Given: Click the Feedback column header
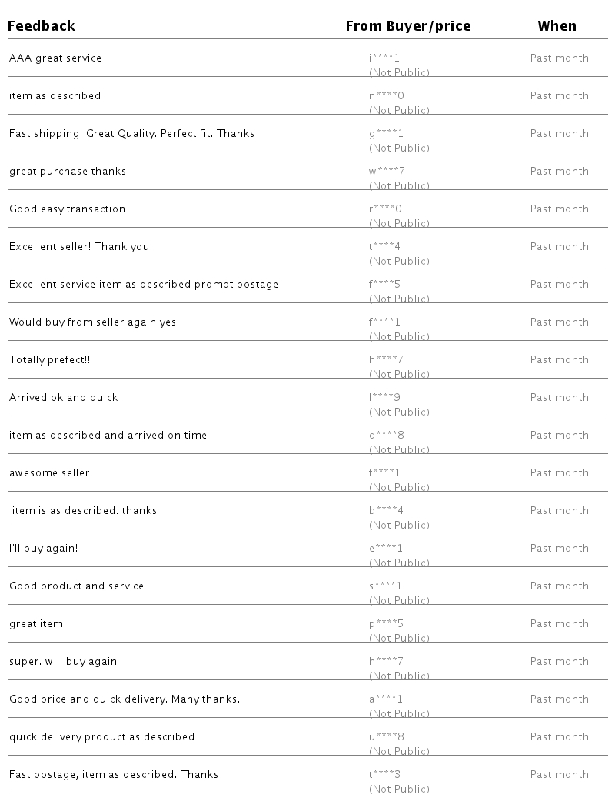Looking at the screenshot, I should [x=42, y=26].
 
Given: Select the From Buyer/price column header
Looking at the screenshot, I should [x=408, y=26].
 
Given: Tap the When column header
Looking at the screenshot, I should [x=557, y=26].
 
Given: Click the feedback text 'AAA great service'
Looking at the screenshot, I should [x=55, y=58].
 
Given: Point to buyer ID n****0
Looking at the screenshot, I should [x=387, y=96].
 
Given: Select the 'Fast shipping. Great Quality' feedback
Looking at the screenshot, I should [x=131, y=134].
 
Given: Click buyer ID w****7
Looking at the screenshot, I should [x=387, y=172].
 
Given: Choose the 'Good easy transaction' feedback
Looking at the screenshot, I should [x=67, y=209].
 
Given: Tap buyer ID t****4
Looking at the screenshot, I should [x=384, y=247].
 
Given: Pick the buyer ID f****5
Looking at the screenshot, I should [x=384, y=285].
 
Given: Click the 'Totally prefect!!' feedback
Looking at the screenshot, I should [x=50, y=360].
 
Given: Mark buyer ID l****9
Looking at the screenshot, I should [x=384, y=398].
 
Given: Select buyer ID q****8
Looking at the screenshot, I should [x=387, y=436].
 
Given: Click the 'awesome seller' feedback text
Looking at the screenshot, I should [x=49, y=473].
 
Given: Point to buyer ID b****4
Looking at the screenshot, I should [x=387, y=511].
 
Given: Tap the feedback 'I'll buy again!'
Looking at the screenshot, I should [x=44, y=549].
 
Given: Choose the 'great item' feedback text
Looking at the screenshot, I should [x=36, y=624].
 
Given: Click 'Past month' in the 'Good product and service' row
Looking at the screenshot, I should [x=560, y=586].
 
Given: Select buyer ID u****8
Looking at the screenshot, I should [x=387, y=737].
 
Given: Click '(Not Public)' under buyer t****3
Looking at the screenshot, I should [x=399, y=789].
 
